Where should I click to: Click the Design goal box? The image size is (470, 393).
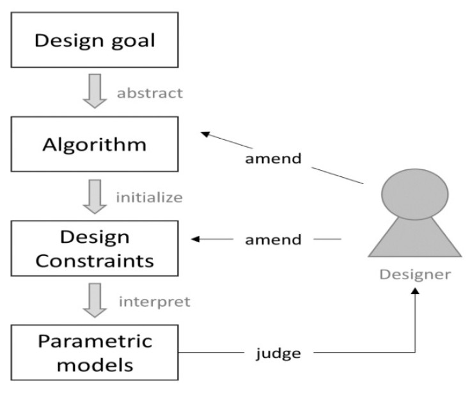(95, 40)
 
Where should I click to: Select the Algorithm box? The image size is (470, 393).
(95, 144)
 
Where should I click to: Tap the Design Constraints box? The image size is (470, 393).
(95, 249)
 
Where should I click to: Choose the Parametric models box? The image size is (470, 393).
(95, 353)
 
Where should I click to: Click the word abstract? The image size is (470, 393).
(150, 93)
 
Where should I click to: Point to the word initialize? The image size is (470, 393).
(149, 197)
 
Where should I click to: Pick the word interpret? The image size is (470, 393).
(154, 302)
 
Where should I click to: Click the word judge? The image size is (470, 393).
(278, 353)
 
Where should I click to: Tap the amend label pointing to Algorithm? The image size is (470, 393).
(273, 158)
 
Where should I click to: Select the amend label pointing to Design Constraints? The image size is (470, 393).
(273, 240)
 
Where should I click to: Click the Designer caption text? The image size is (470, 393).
(415, 275)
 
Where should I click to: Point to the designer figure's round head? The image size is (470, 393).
(415, 194)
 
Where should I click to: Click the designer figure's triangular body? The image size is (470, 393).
(415, 240)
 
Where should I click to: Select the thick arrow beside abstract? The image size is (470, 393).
(95, 91)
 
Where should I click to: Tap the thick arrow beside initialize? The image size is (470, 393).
(95, 197)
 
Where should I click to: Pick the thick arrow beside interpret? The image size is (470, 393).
(95, 300)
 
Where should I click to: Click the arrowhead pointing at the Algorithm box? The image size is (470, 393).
(205, 134)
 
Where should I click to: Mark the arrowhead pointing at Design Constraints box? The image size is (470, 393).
(195, 239)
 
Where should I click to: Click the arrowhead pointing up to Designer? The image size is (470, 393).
(415, 291)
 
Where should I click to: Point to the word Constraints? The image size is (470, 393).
(95, 261)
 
